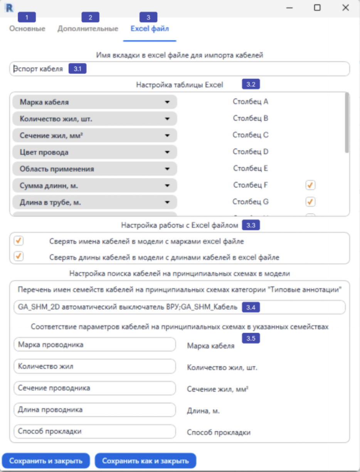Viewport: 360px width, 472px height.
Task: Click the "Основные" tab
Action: click(27, 29)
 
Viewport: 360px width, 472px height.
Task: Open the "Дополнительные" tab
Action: click(88, 29)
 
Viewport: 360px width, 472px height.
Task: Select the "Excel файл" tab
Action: click(150, 29)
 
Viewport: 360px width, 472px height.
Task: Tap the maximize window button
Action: click(317, 7)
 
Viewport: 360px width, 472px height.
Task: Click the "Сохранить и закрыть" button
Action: click(46, 461)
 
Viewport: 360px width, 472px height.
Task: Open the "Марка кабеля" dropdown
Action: click(94, 102)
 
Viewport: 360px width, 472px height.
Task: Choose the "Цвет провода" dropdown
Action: click(94, 152)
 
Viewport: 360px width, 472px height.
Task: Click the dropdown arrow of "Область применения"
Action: click(167, 169)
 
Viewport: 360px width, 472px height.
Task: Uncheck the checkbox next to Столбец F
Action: click(310, 185)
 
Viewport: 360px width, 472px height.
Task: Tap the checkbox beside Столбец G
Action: click(310, 202)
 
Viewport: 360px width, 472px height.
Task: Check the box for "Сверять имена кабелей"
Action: click(19, 241)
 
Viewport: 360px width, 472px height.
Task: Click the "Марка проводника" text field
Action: click(94, 344)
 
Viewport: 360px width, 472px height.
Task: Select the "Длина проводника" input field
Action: click(94, 410)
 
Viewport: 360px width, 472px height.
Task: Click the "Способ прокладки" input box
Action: click(94, 431)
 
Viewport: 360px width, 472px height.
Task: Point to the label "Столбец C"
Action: click(251, 135)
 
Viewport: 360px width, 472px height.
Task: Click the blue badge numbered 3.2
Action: click(251, 84)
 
